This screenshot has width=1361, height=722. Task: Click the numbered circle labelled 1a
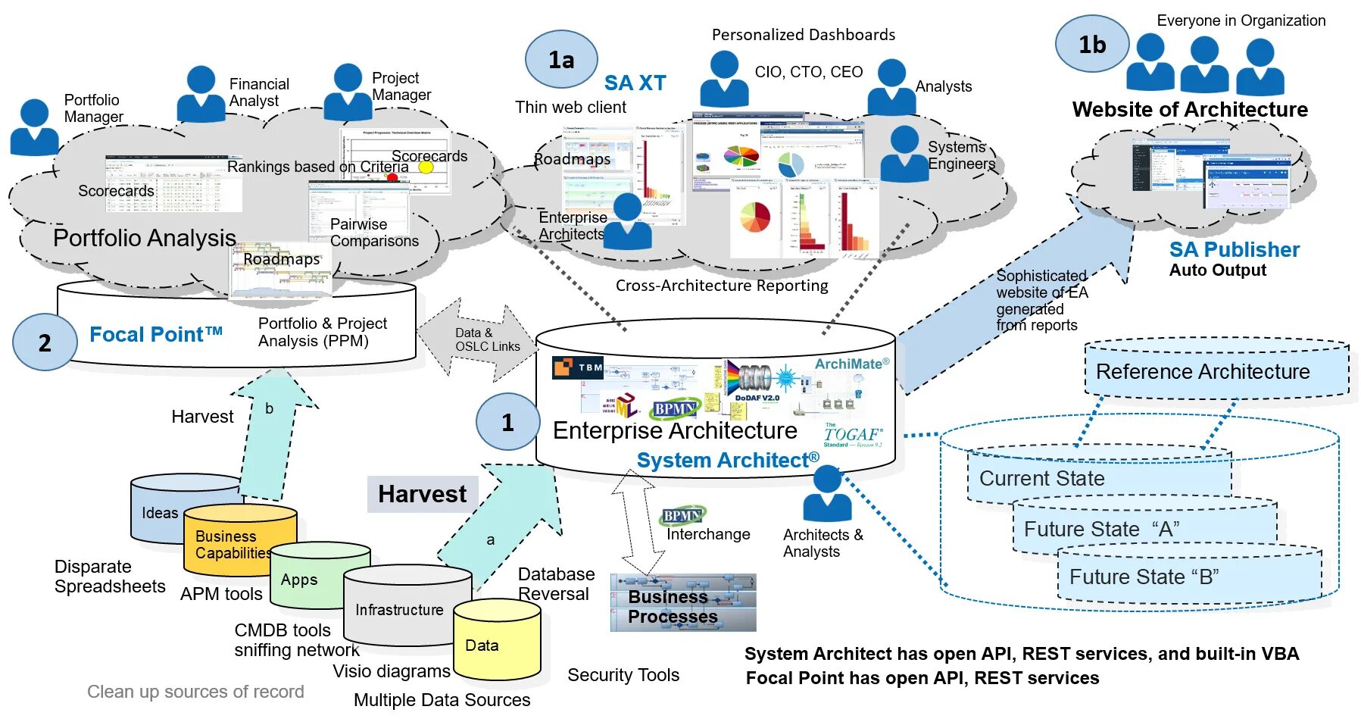[x=561, y=60]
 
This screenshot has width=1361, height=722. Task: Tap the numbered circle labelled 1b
[x=1092, y=45]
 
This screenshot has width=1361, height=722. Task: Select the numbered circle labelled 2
[x=45, y=342]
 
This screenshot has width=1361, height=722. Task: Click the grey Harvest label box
[x=423, y=494]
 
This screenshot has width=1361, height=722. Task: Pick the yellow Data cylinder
[x=497, y=640]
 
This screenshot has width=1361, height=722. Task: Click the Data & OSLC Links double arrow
[x=477, y=339]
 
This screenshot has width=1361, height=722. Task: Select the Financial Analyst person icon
[x=201, y=94]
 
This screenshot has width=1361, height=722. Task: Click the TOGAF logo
[x=853, y=436]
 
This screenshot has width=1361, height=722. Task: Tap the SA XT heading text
[x=635, y=83]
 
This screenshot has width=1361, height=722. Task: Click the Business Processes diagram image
[x=683, y=603]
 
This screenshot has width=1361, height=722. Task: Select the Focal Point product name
[x=155, y=334]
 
